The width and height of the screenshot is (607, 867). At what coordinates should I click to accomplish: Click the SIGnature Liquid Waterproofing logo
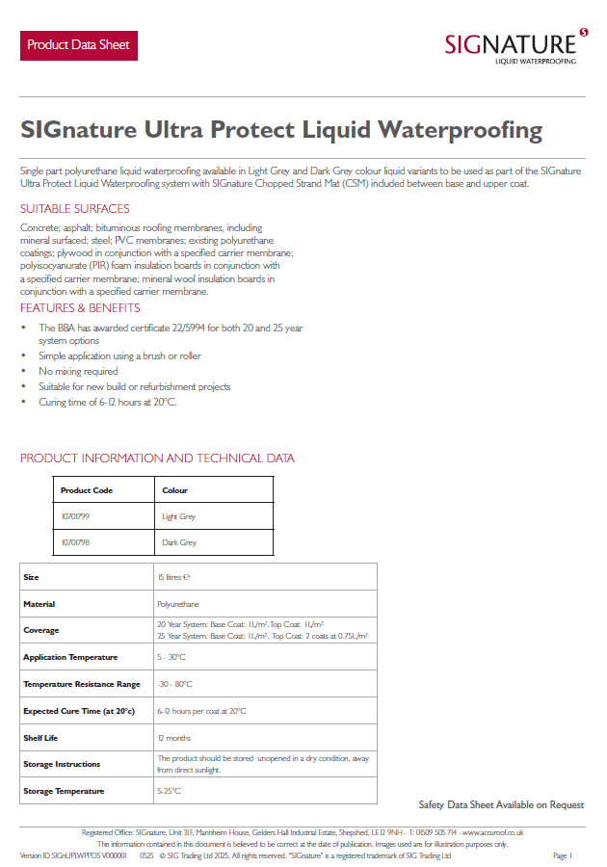[515, 45]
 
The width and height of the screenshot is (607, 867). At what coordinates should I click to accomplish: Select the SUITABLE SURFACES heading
[74, 209]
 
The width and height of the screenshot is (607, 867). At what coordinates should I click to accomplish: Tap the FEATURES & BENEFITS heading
[80, 308]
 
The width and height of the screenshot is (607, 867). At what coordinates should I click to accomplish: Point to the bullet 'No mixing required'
[78, 371]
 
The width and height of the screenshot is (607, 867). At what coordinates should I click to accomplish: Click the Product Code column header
[87, 490]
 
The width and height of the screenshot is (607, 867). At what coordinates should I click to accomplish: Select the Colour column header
[174, 490]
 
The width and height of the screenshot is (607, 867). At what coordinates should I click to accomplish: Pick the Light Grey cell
[178, 516]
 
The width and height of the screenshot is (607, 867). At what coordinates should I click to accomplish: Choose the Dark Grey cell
[178, 542]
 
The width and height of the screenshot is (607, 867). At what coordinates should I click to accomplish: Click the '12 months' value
[173, 738]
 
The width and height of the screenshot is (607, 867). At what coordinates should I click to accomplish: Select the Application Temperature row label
[70, 657]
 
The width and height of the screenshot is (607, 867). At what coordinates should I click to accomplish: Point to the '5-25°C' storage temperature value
[169, 791]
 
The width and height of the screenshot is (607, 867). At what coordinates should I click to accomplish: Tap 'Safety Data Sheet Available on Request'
[501, 804]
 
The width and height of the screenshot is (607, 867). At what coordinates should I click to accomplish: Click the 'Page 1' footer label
[563, 855]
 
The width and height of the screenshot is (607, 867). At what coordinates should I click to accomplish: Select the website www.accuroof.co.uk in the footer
[492, 832]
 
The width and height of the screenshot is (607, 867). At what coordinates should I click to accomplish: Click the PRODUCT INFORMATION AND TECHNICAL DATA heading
[157, 459]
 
